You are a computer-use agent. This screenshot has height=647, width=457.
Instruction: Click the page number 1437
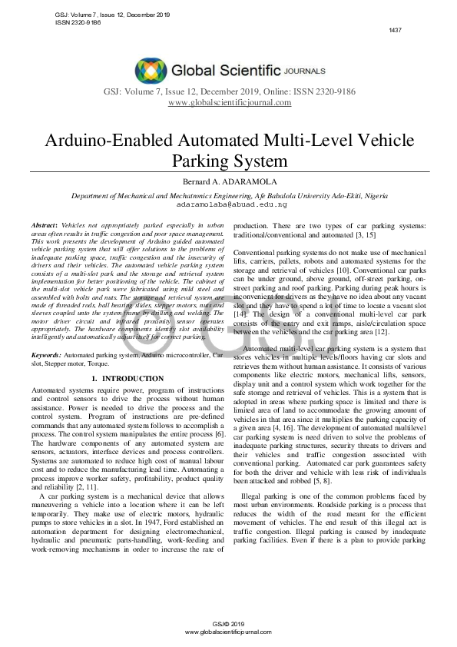pyautogui.click(x=396, y=30)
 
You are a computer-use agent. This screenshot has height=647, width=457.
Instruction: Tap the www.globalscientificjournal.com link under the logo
pyautogui.click(x=229, y=103)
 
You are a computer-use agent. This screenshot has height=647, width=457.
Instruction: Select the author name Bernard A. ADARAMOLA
pyautogui.click(x=229, y=181)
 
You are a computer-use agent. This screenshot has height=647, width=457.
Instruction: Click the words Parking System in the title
pyautogui.click(x=229, y=161)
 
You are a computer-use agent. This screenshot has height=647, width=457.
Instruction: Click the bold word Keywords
pyautogui.click(x=47, y=356)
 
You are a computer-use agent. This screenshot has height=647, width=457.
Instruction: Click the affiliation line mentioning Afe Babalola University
pyautogui.click(x=229, y=196)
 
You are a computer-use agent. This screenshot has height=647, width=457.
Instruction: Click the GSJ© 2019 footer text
pyautogui.click(x=229, y=623)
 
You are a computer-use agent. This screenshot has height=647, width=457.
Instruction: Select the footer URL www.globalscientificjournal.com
pyautogui.click(x=229, y=631)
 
